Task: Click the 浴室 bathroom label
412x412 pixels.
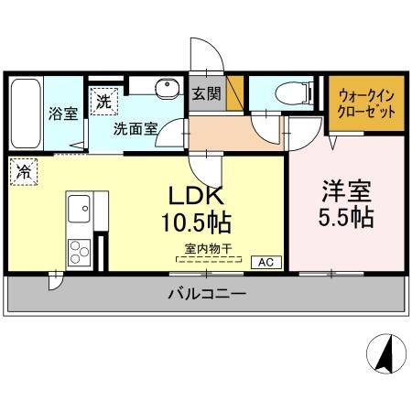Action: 63,114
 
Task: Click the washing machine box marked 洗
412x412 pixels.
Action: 102,98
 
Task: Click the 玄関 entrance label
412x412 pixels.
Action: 205,93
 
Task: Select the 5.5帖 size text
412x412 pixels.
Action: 344,221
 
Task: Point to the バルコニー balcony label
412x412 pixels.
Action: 206,295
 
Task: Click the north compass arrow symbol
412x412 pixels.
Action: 385,353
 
